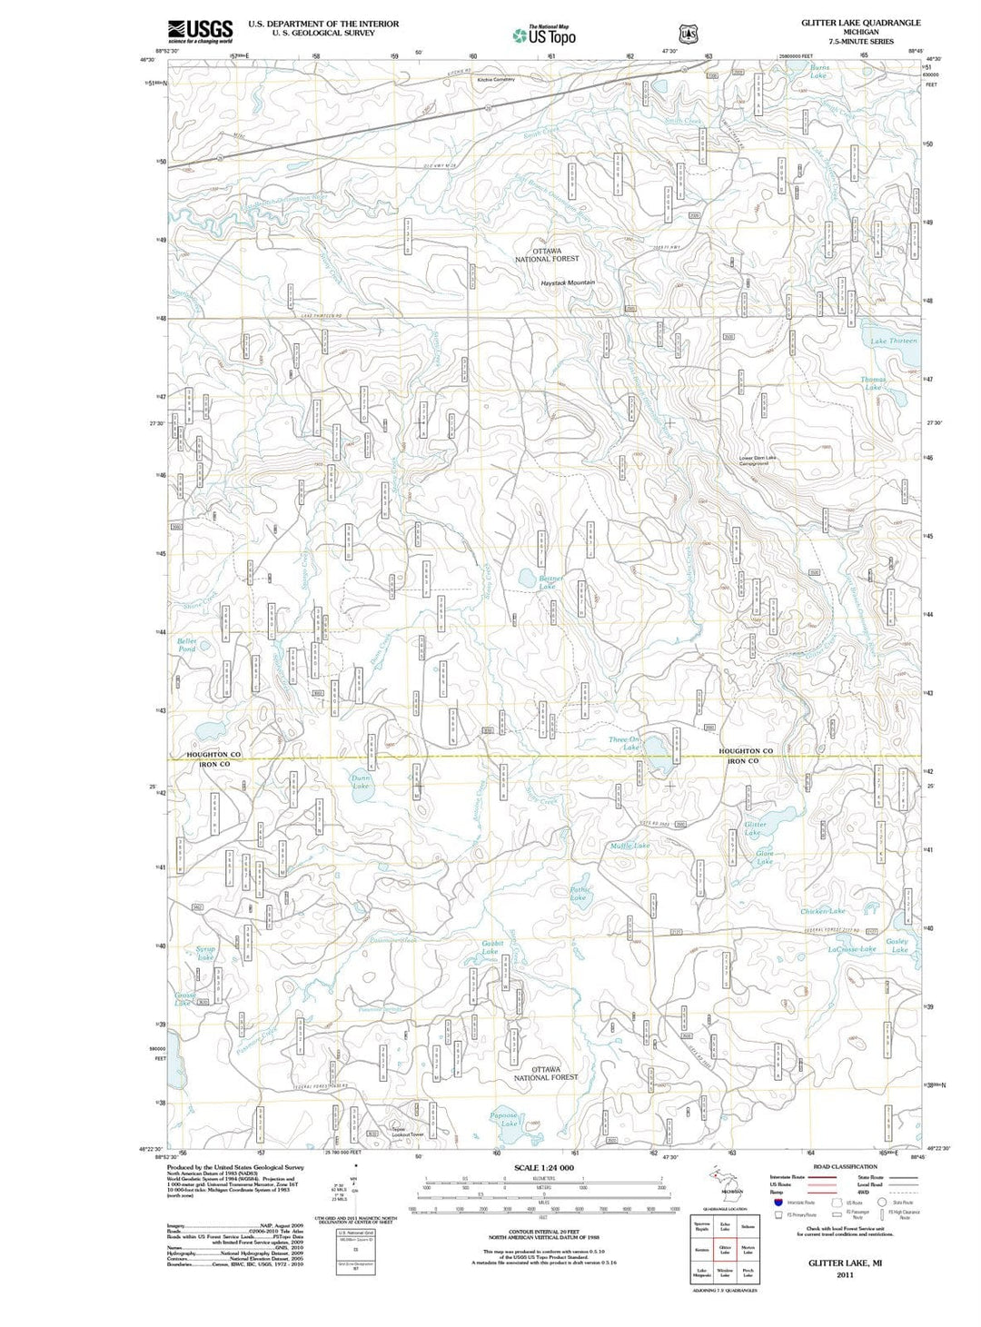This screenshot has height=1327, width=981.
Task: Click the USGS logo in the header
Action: [x=200, y=31]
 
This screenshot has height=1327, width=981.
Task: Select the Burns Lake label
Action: [x=819, y=71]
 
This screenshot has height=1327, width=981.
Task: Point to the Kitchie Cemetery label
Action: [x=496, y=80]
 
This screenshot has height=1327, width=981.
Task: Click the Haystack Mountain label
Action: [x=568, y=282]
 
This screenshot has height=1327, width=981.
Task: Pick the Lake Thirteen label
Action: [x=894, y=341]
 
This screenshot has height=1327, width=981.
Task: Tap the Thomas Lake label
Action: [x=873, y=383]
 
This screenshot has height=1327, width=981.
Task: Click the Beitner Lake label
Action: [x=550, y=582]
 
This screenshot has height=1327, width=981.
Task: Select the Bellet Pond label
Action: [x=187, y=645]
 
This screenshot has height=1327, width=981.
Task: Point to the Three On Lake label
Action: [x=625, y=743]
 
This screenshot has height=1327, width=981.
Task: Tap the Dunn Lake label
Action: [x=361, y=781]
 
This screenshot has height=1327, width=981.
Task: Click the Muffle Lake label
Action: [x=629, y=846]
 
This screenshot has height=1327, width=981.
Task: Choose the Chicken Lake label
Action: [x=822, y=911]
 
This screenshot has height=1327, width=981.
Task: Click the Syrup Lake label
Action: [x=206, y=953]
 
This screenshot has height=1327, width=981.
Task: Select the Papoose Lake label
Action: [x=504, y=1119]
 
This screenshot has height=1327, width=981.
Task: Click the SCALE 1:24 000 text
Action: [x=544, y=1168]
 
